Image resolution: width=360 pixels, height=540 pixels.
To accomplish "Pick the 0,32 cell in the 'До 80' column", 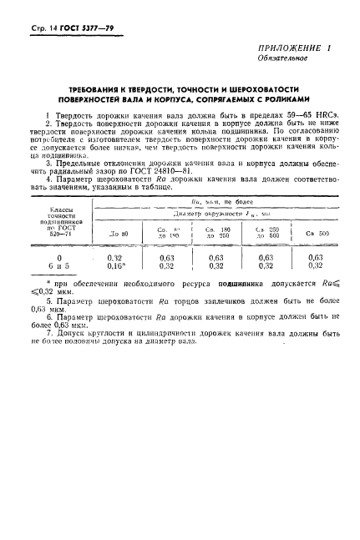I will tap(116, 257).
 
